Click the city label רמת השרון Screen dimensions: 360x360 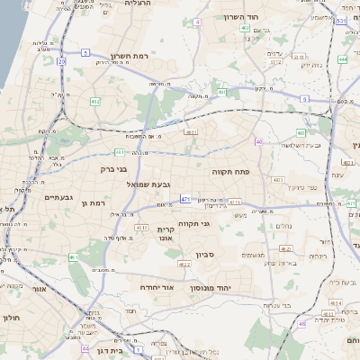click(x=128, y=56)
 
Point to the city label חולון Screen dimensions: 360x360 click(x=10, y=318)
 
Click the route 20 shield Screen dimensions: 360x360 click(x=61, y=61)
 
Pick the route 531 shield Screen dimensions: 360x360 click(x=340, y=19)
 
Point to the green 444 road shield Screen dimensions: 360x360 click(x=342, y=59)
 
